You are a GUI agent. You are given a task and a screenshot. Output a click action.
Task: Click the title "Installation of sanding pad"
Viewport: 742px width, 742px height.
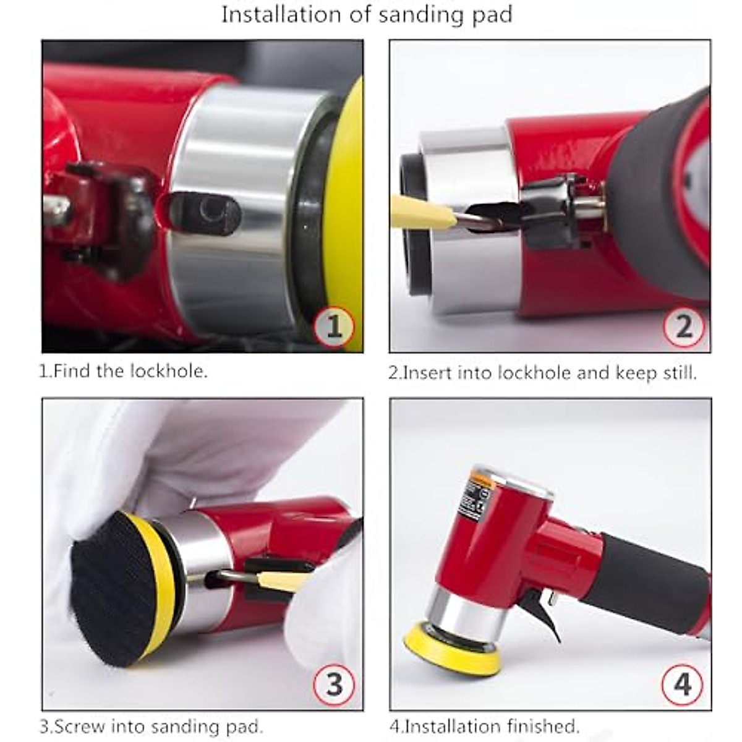pos(367,14)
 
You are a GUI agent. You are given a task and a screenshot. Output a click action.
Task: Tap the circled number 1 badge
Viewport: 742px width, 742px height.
pos(334,325)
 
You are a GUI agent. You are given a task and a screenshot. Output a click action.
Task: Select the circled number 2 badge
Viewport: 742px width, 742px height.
pos(683,326)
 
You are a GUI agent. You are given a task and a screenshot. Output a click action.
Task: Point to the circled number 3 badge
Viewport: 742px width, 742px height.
pos(334,684)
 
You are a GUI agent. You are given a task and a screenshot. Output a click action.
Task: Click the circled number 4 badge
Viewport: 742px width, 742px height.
pos(682,684)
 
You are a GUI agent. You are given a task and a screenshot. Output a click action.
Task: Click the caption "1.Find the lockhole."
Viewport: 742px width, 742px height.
pos(124,372)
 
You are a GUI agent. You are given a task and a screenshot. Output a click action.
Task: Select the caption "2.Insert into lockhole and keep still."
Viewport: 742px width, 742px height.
pos(542,373)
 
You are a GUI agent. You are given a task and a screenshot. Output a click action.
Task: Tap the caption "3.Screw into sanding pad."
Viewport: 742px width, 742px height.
pos(151,726)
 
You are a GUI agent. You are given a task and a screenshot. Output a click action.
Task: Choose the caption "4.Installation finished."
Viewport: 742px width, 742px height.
pos(484,726)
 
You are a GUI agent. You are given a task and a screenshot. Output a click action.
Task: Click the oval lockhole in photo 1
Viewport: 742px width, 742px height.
pos(204,214)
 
